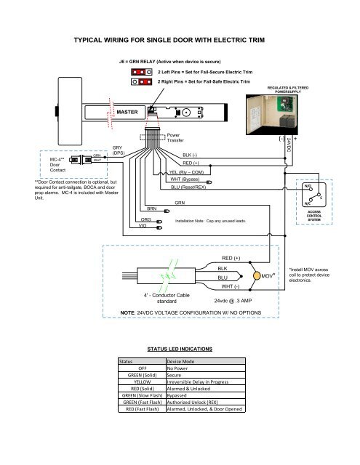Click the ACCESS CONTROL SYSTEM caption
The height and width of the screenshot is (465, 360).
[319, 216]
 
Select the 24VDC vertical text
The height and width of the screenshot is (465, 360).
[289, 144]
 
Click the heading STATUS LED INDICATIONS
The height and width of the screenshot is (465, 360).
[179, 349]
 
